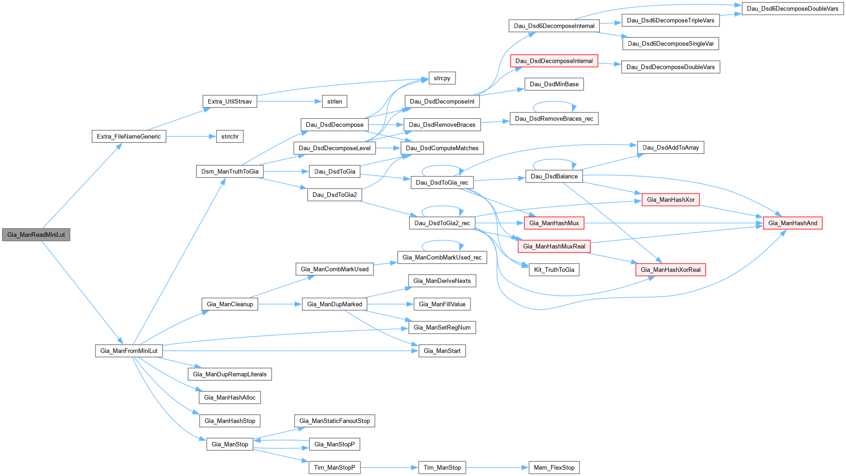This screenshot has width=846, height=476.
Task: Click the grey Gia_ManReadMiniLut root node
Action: pos(36,235)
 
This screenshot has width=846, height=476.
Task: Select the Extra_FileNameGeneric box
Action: pos(129,136)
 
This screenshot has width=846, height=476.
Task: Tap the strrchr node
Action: pos(230,136)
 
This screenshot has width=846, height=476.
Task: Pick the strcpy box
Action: pos(442,78)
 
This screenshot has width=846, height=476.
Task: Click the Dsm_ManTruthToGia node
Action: pos(230,171)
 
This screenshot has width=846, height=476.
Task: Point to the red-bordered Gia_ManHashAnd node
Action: pos(793,223)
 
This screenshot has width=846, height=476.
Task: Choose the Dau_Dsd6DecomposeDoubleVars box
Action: pos(792,9)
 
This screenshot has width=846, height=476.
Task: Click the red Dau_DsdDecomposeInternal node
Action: pos(554,61)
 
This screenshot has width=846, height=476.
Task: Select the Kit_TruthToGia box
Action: pos(554,270)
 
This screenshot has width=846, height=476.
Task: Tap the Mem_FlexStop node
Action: pos(554,468)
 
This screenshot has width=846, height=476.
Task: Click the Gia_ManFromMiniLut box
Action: pos(129,351)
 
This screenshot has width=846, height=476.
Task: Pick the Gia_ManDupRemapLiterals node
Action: pos(230,374)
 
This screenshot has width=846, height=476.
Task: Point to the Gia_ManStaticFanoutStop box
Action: pos(334,421)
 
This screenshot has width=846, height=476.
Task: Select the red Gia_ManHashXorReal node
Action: pos(670,270)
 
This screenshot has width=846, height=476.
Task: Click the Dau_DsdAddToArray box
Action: pos(670,147)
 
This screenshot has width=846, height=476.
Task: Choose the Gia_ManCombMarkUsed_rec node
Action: pos(442,258)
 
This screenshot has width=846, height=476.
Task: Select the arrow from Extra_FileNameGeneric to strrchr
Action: pos(191,136)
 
